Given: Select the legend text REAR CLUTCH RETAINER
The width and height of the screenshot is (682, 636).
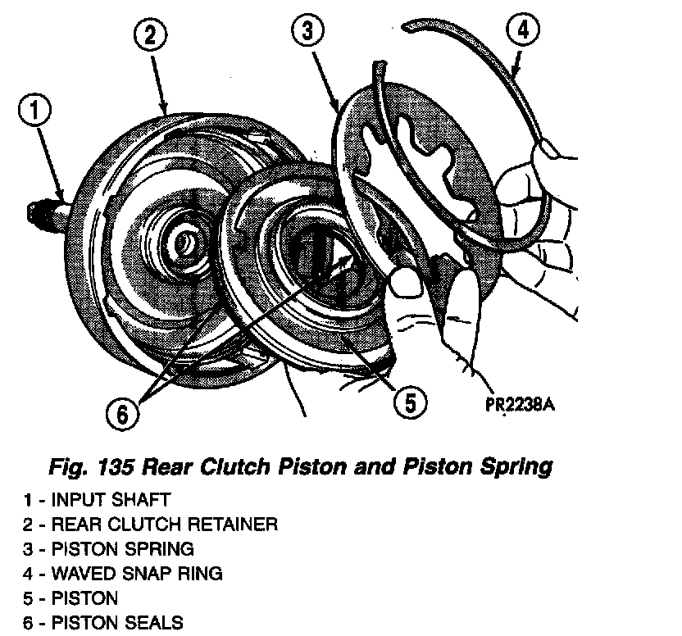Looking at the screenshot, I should coord(164,523).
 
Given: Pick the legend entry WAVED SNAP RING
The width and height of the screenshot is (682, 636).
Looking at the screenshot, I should coord(136,573).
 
